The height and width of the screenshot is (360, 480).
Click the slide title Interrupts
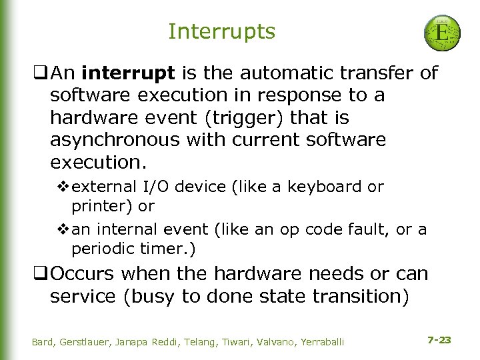[x=221, y=31]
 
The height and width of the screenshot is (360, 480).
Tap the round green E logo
[x=441, y=34]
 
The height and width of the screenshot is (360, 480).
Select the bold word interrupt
[x=125, y=73]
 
